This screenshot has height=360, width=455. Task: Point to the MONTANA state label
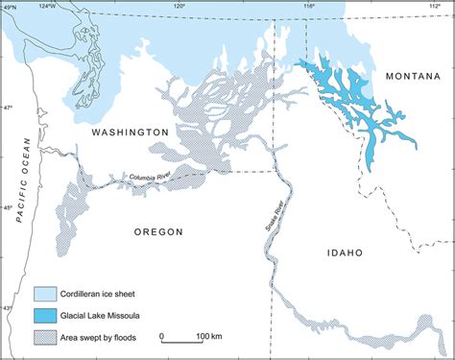coord(414,75)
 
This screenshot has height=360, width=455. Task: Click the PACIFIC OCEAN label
coord(18,179)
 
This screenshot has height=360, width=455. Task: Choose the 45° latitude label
coord(7,207)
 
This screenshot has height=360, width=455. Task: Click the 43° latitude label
coord(7,307)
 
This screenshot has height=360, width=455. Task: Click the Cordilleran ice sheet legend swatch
coord(44,292)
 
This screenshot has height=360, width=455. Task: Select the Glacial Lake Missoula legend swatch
coord(44,314)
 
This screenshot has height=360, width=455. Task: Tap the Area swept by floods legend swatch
coord(44,337)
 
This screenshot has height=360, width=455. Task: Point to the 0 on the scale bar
coord(163,336)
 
